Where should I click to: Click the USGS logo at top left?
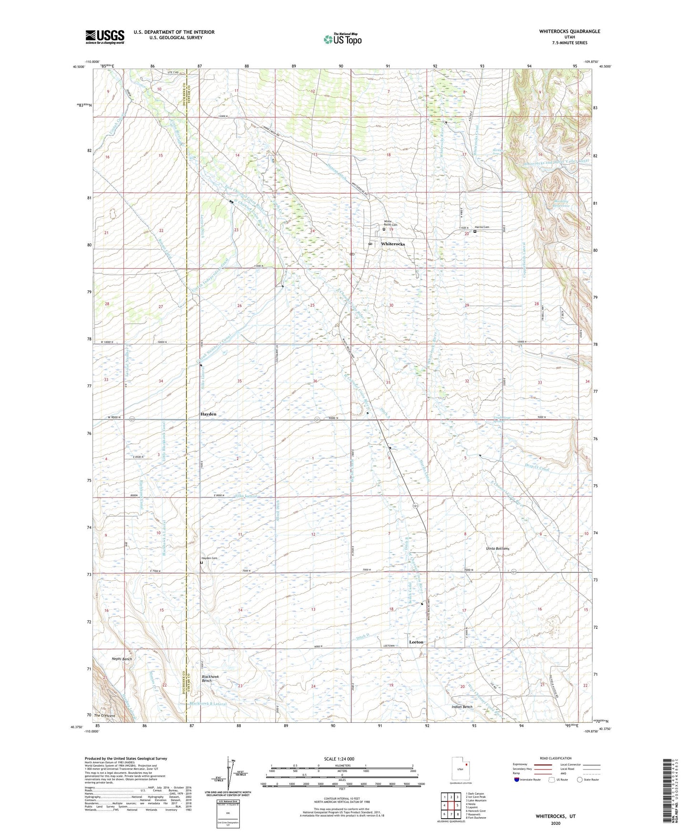pyautogui.click(x=104, y=37)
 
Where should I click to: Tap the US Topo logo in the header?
pyautogui.click(x=342, y=40)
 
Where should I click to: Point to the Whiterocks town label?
pyautogui.click(x=392, y=244)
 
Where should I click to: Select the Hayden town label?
pyautogui.click(x=208, y=414)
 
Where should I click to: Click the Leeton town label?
pyautogui.click(x=416, y=642)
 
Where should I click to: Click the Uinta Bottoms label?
pyautogui.click(x=497, y=549)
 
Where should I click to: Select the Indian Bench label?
pyautogui.click(x=462, y=707)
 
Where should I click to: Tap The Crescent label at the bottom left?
pyautogui.click(x=104, y=716)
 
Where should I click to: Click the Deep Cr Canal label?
pyautogui.click(x=537, y=469)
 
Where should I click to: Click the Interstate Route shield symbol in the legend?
pyautogui.click(x=517, y=780)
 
